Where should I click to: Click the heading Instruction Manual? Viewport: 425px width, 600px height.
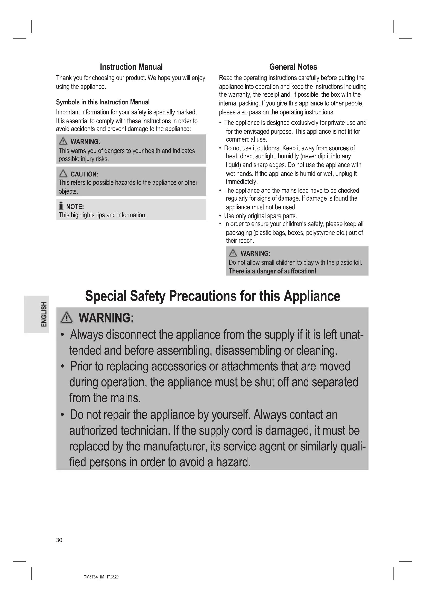[131, 67]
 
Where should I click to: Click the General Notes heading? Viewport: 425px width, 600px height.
[293, 67]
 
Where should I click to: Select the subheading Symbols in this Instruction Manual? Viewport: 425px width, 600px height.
[103, 102]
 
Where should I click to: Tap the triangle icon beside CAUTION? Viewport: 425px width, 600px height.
[63, 173]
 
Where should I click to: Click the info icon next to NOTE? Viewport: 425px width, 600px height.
[61, 206]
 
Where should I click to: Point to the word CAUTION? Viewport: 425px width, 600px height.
[84, 174]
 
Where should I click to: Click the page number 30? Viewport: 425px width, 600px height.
[59, 540]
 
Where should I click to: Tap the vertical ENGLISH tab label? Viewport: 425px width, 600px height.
[44, 314]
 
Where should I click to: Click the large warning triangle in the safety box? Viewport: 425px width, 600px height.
[67, 318]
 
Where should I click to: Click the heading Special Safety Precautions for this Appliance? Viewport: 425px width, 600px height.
[212, 296]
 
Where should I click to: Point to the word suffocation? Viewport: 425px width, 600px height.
[300, 271]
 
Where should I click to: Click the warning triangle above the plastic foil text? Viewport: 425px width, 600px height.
[233, 253]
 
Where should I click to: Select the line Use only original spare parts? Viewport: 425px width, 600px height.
[260, 216]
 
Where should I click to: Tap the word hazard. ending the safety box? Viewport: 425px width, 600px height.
[233, 462]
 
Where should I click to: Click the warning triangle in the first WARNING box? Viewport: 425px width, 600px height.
[63, 141]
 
